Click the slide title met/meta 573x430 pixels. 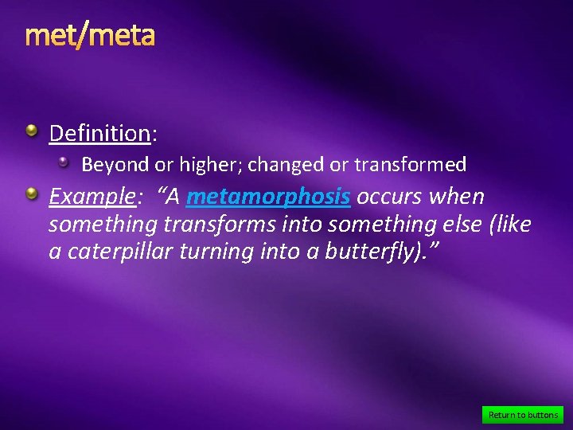tap(90, 36)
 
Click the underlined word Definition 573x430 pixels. tap(99, 133)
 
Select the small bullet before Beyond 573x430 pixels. tap(65, 162)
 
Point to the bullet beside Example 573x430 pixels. tap(31, 193)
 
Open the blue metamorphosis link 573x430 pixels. tap(268, 197)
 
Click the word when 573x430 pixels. tap(458, 197)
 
